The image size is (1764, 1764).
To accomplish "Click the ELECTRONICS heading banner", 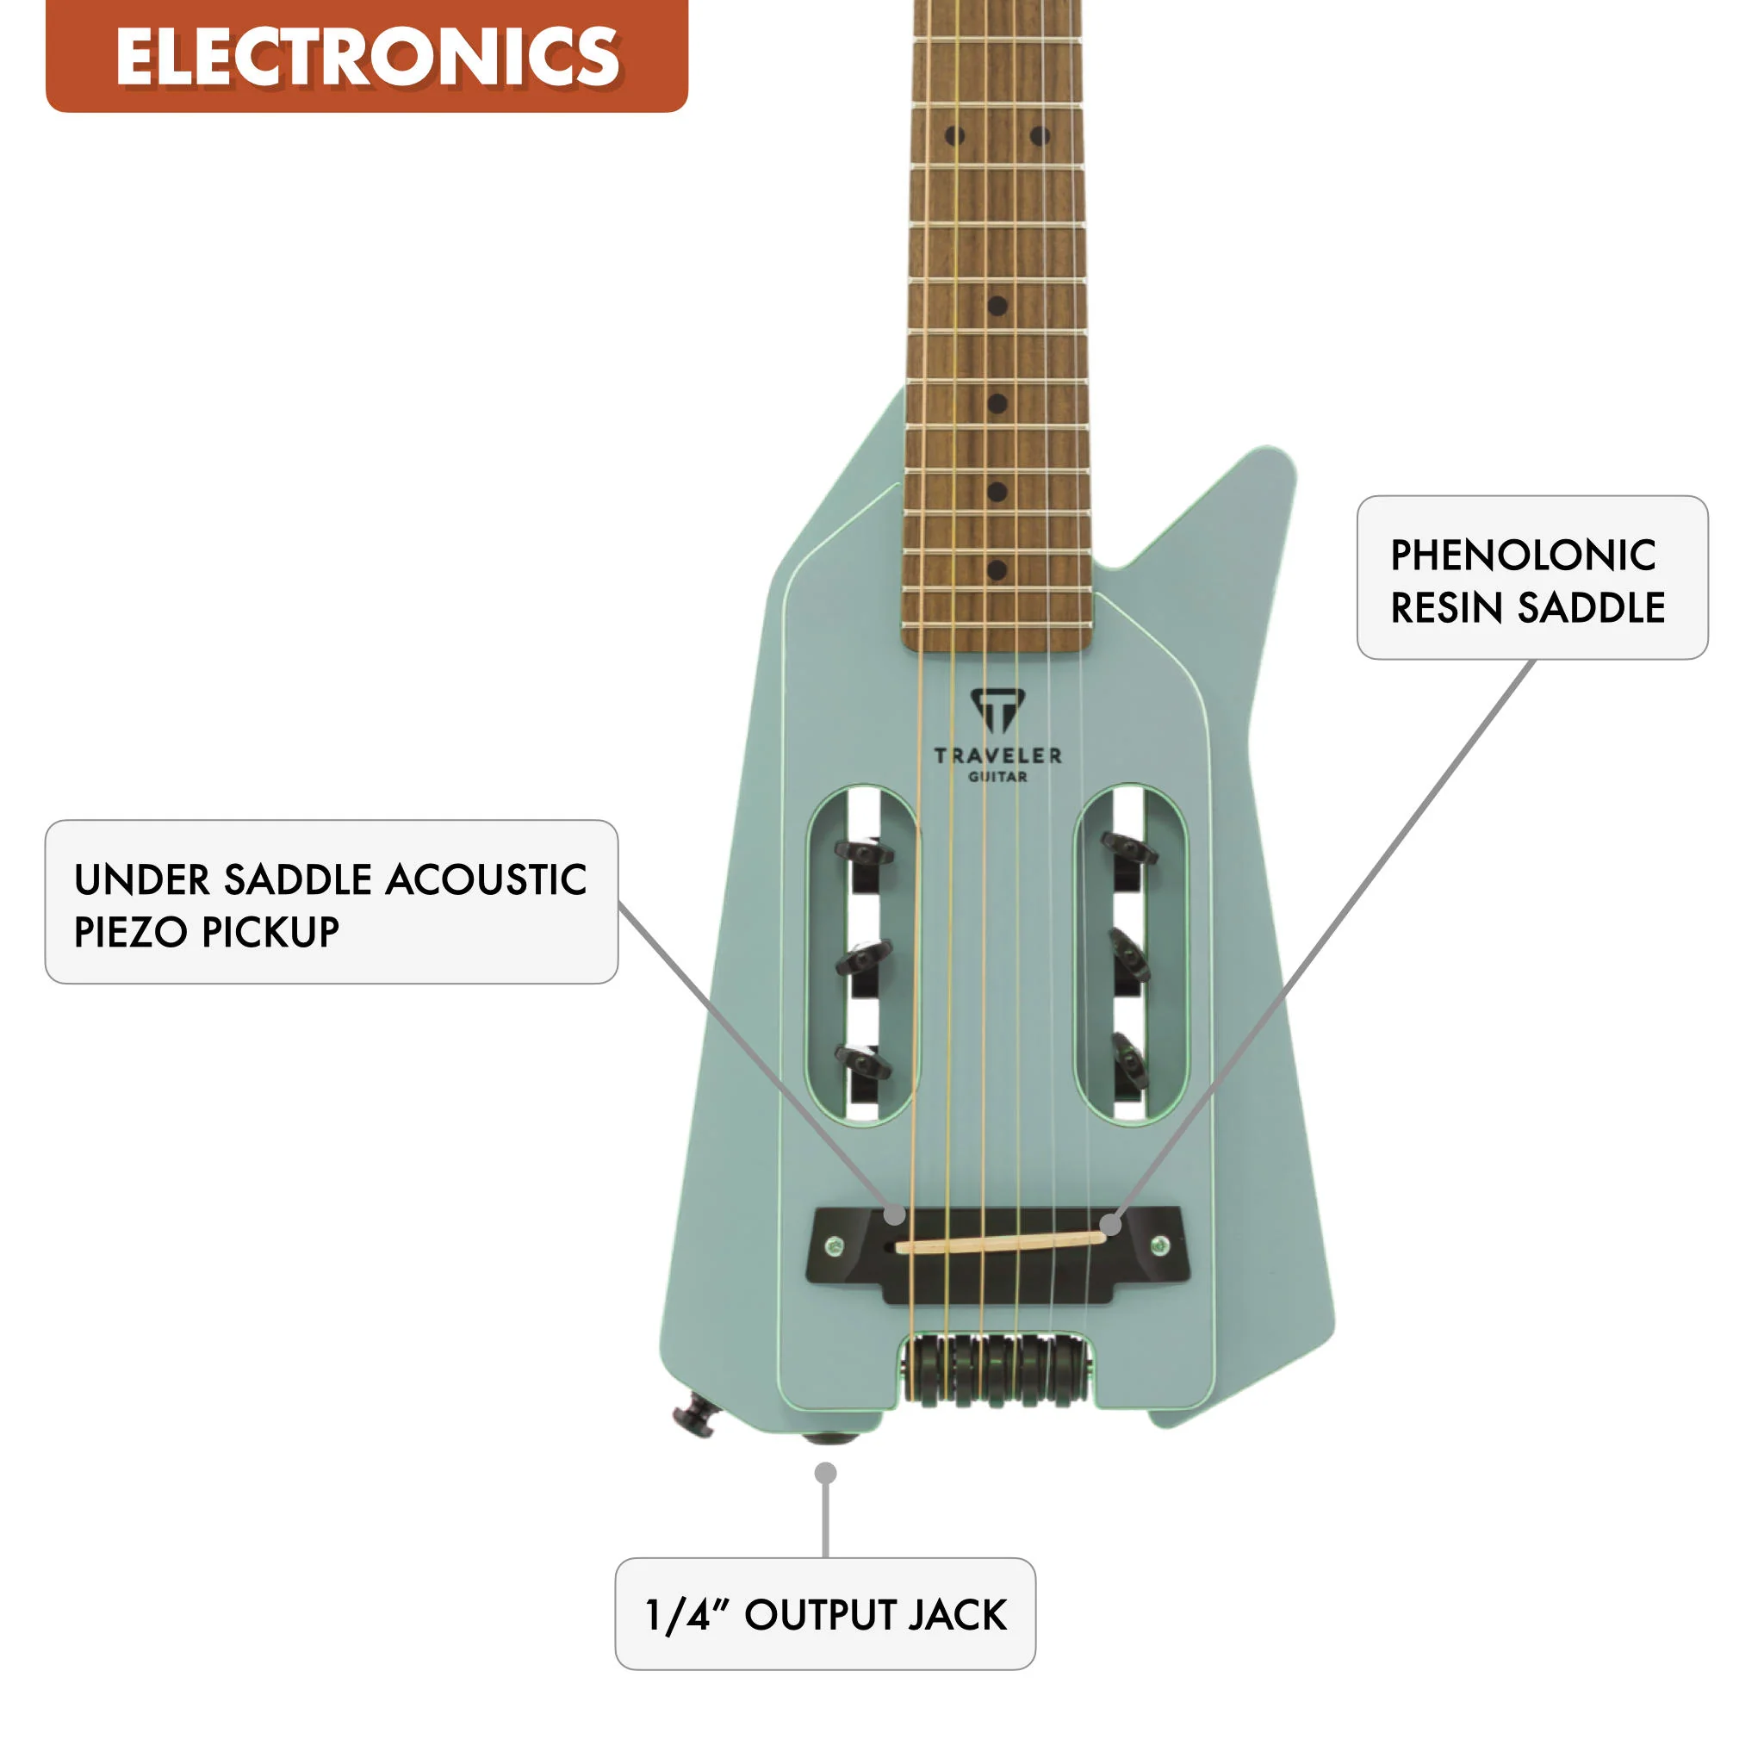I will coord(366,56).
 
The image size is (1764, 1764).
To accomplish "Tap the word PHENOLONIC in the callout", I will coord(1522,556).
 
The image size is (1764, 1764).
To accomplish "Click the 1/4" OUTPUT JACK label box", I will coord(824,1614).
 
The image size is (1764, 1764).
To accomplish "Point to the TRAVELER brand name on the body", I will coord(997,755).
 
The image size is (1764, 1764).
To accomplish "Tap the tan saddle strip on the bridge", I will coord(999,1242).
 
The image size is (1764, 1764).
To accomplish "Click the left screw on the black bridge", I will coord(834,1245).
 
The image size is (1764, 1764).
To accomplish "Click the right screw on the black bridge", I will coord(1159,1245).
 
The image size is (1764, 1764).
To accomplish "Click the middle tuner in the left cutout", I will coord(863,959).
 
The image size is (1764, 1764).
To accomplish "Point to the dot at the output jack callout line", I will coord(825,1473).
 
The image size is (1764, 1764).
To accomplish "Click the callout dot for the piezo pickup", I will coord(896,1215).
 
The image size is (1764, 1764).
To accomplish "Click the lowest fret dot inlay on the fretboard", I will coord(997,569).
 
